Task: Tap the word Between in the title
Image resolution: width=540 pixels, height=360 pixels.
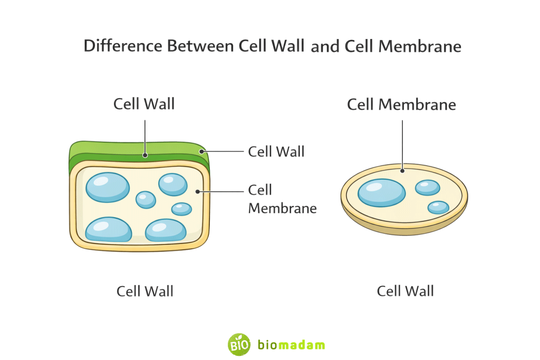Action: click(200, 46)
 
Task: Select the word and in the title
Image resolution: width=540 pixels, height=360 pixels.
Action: click(325, 47)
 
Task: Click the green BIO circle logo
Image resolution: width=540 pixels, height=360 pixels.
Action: click(238, 344)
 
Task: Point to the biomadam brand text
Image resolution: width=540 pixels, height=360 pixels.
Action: click(291, 345)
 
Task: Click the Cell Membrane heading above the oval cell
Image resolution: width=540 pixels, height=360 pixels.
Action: click(401, 104)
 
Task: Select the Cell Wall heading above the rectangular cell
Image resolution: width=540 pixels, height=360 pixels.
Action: click(144, 104)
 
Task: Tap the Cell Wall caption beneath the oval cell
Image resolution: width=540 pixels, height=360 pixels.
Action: click(405, 290)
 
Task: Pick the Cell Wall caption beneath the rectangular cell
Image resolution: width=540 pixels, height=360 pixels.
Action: click(145, 291)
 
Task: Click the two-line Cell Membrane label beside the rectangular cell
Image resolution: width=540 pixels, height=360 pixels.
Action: click(282, 199)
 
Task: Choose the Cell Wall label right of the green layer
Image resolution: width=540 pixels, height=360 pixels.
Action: click(276, 152)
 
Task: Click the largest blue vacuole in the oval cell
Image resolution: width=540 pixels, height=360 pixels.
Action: click(382, 192)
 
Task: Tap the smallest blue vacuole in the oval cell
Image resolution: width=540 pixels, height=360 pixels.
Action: click(438, 207)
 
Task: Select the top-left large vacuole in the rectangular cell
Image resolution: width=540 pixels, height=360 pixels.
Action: click(108, 187)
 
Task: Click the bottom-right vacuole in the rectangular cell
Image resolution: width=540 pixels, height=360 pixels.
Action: click(166, 230)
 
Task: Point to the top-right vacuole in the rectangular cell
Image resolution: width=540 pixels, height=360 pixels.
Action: click(172, 183)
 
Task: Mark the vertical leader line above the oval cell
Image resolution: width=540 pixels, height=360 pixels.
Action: click(402, 144)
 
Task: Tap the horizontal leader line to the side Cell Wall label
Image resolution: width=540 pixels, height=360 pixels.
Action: click(224, 152)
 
